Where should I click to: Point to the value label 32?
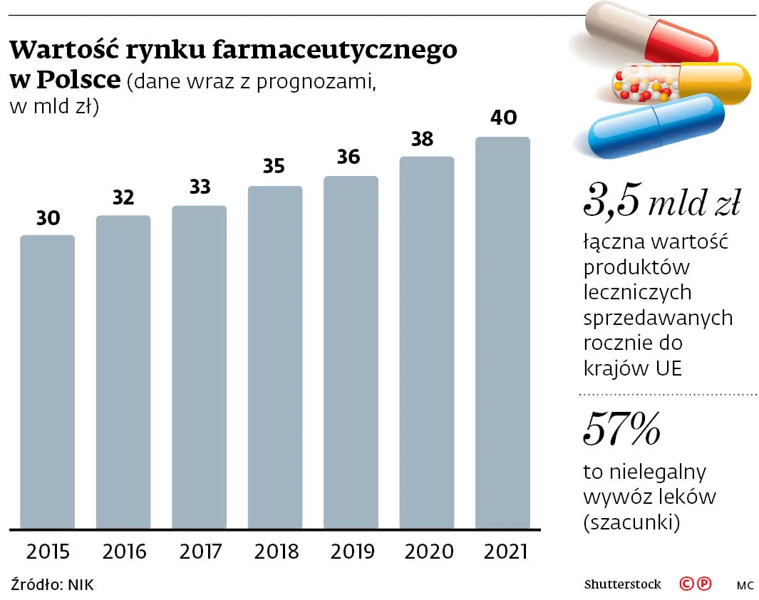[123, 197]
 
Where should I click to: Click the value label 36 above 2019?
[348, 157]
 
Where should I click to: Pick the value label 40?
[504, 118]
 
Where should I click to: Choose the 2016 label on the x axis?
[124, 552]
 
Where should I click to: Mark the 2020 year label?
[428, 552]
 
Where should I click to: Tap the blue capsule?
[656, 124]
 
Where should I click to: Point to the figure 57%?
[621, 428]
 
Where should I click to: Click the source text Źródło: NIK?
[52, 585]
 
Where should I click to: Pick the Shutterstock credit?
[622, 584]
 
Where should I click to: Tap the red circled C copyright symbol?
[686, 584]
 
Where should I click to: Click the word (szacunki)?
[631, 522]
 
